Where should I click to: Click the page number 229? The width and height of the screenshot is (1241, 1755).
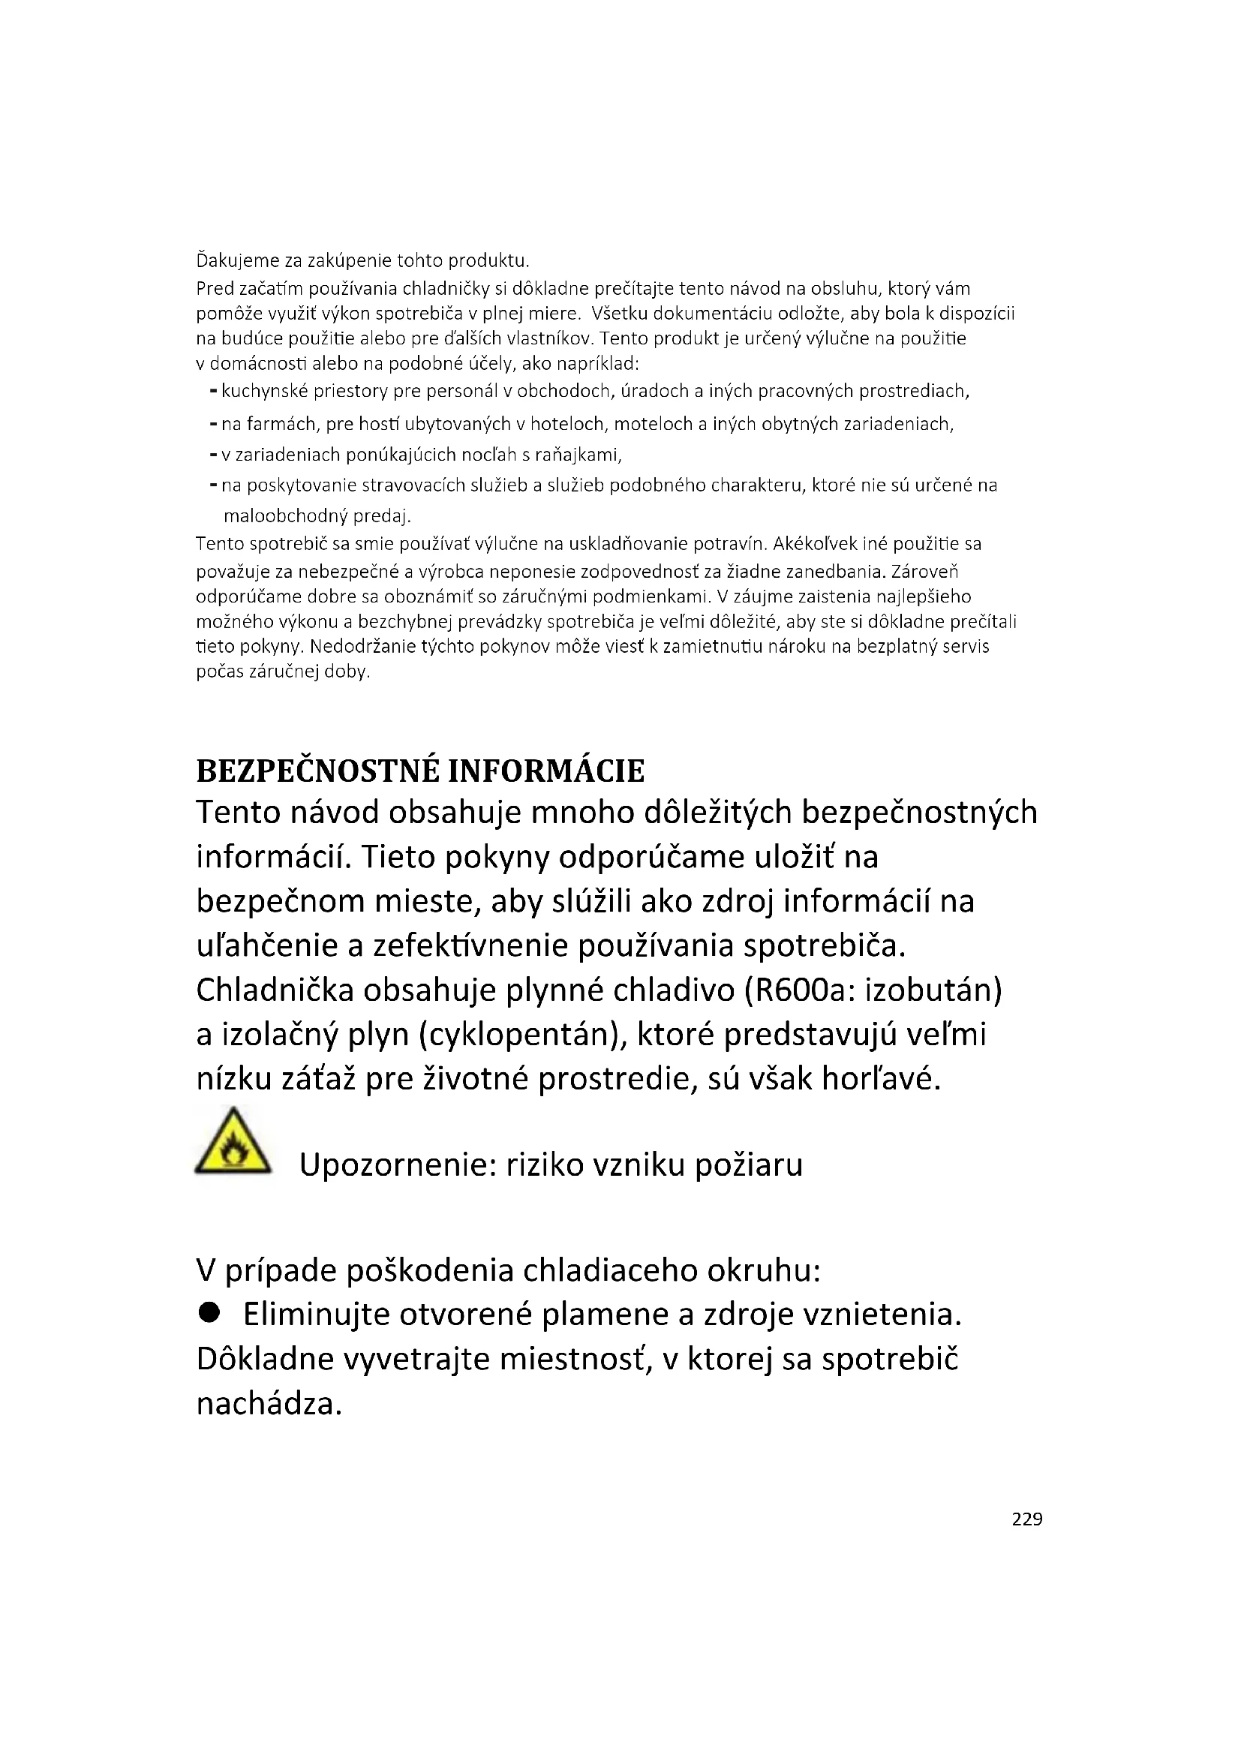pos(1026,1519)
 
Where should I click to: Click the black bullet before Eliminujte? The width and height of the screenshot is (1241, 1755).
pos(209,1313)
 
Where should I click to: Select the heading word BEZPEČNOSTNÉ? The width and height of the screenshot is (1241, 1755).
pos(317,771)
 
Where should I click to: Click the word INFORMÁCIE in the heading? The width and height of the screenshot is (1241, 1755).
pos(545,771)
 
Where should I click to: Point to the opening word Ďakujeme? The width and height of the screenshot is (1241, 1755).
pos(238,261)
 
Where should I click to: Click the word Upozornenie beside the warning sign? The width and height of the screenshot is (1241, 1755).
pos(398,1165)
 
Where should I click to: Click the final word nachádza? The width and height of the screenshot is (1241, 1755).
pos(267,1403)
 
